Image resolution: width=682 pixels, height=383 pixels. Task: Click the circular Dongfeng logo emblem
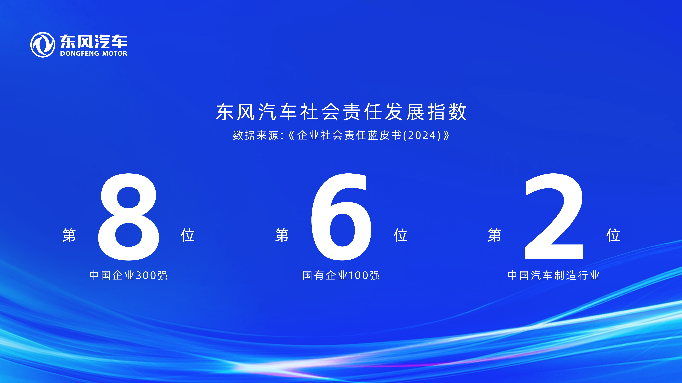pyautogui.click(x=43, y=45)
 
